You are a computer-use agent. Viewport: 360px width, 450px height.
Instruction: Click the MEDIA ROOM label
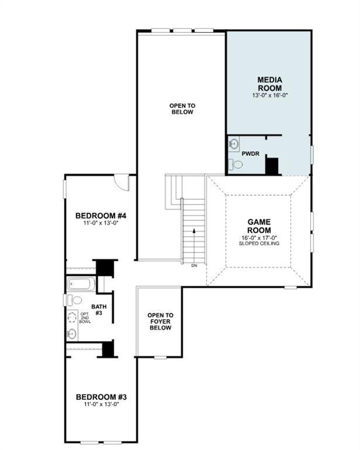[270, 83]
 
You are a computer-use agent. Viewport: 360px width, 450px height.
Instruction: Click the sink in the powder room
[234, 143]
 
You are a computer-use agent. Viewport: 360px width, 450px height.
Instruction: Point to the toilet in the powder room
[235, 165]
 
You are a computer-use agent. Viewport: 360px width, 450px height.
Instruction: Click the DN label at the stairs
[194, 265]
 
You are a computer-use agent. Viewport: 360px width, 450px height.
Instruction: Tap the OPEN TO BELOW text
[182, 109]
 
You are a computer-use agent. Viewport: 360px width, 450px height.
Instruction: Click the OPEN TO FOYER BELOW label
[160, 321]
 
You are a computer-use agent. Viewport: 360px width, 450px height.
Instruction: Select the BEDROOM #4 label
[101, 216]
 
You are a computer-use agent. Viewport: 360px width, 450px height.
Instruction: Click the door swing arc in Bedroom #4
[122, 182]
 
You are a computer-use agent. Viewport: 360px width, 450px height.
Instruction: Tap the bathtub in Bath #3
[80, 285]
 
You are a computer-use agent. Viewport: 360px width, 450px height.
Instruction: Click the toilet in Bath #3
[74, 300]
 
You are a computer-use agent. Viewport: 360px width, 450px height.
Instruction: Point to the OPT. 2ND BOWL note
[85, 318]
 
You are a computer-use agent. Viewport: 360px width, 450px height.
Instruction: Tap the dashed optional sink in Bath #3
[72, 317]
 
